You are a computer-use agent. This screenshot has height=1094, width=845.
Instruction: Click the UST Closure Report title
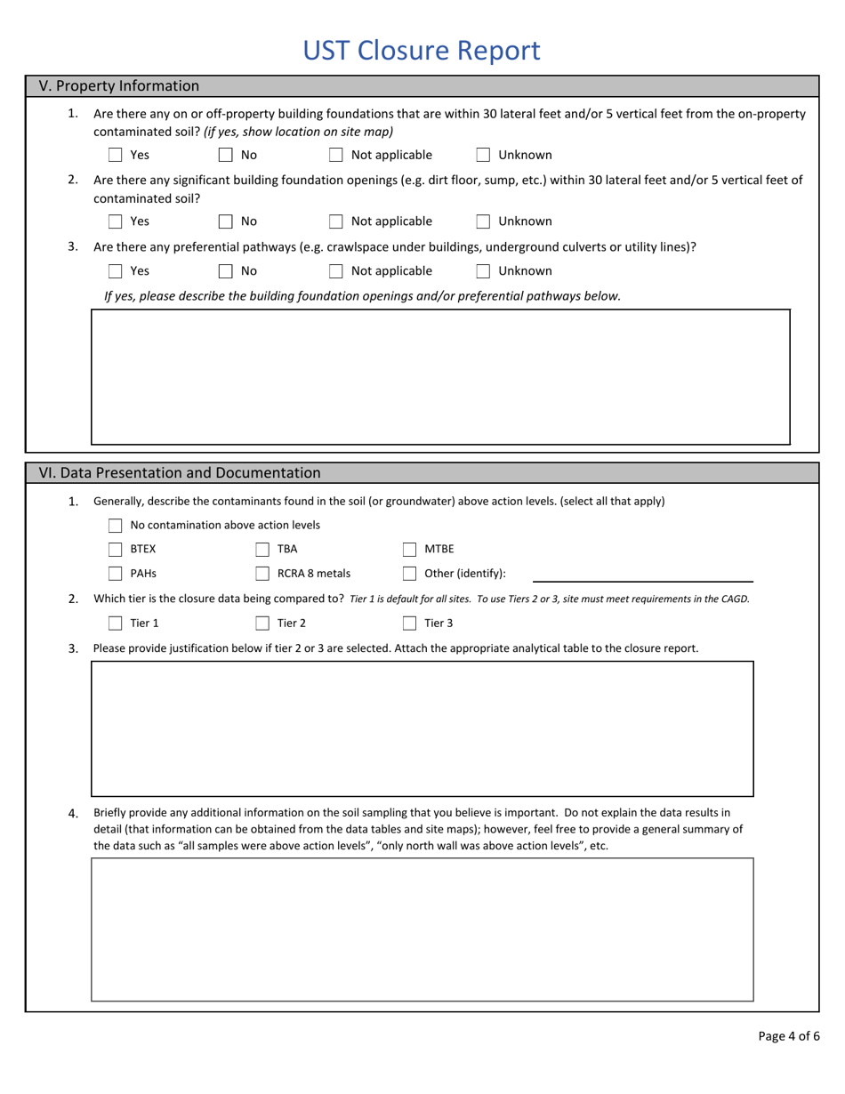[421, 51]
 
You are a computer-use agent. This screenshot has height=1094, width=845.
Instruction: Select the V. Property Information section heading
[119, 86]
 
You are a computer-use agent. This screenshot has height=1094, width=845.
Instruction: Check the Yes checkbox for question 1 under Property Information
[115, 155]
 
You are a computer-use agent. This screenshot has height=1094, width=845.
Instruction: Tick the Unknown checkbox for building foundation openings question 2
[483, 221]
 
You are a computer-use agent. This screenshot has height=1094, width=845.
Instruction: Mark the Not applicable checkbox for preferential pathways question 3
[336, 271]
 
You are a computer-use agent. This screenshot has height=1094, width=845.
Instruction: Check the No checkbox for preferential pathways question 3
[226, 271]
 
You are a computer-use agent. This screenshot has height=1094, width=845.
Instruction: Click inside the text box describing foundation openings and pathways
[440, 376]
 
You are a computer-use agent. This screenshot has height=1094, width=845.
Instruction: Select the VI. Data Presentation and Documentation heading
[180, 473]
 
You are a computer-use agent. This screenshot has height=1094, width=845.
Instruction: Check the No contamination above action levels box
[115, 526]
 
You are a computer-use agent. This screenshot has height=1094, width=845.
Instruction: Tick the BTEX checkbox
[115, 550]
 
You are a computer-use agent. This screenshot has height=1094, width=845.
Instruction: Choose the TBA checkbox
[262, 550]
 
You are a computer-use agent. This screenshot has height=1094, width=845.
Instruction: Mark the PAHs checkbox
[115, 574]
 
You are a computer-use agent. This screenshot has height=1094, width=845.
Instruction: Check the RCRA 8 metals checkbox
[262, 574]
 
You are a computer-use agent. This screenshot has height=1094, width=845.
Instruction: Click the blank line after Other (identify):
[642, 574]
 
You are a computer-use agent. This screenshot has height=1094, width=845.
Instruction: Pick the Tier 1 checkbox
[115, 623]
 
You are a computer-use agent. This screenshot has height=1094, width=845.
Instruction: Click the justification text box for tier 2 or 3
[422, 728]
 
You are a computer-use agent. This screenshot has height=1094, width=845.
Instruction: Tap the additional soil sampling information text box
[422, 929]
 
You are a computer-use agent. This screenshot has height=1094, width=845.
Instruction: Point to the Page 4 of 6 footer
[788, 1036]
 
